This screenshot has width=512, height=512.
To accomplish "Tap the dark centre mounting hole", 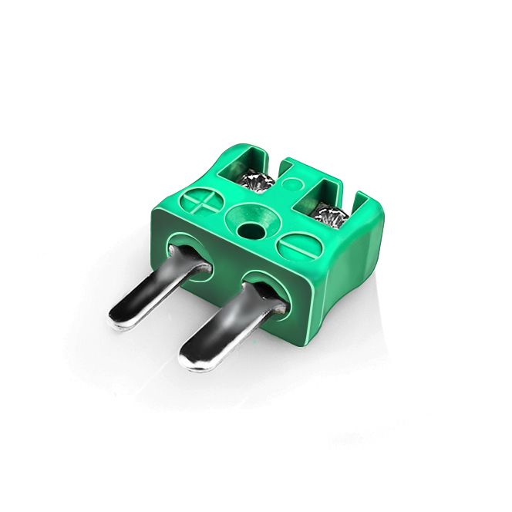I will (x=250, y=229).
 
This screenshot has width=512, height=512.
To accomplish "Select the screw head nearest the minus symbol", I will (x=330, y=217).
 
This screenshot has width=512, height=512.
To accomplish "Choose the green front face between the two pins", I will (x=224, y=270).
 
